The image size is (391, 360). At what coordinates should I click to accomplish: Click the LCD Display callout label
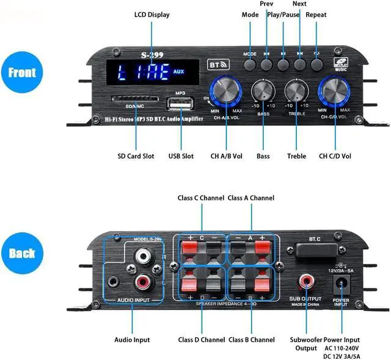pyautogui.click(x=152, y=15)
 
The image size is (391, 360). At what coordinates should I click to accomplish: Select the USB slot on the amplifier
pyautogui.click(x=180, y=103)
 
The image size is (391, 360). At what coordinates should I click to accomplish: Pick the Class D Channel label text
pyautogui.click(x=201, y=339)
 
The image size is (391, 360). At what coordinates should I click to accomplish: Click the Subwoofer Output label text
pyautogui.click(x=303, y=344)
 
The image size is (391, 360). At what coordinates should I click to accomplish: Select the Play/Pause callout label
pyautogui.click(x=283, y=15)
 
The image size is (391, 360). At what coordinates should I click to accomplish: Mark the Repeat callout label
pyautogui.click(x=316, y=15)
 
